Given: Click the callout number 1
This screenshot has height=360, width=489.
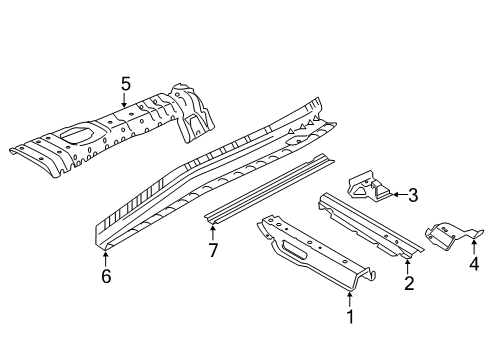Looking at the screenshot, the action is coord(350,316).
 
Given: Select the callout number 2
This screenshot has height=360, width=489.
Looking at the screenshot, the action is coord(409,283).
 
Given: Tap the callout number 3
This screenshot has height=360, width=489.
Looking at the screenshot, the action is coord(413,195).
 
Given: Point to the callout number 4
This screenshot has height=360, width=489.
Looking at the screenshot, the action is coord(474,263).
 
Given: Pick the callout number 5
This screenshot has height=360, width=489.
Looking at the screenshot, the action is coord(126,84).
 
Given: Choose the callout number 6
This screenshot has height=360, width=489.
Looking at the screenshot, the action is coord(106,276).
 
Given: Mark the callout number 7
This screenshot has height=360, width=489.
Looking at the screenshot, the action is coord(213,250).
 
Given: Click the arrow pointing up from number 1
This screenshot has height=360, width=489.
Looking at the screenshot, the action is coord(349,299).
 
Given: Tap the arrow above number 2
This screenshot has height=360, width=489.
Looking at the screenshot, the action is coord(408,267).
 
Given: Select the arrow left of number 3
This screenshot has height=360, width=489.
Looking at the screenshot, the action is coord(400,194).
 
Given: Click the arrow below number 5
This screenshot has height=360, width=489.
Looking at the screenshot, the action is coord(124,100).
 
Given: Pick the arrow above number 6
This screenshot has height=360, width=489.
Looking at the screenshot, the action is coord(106,259).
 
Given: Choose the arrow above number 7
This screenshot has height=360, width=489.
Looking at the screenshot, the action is coord(212,233).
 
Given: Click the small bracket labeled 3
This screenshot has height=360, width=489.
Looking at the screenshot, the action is coord(369,187).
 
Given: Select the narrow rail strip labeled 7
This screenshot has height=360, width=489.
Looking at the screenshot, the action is coord(269,189).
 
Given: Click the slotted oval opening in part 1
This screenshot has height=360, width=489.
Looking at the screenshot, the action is coord(294,250).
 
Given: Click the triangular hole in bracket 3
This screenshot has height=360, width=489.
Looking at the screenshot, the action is coord(360,191).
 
